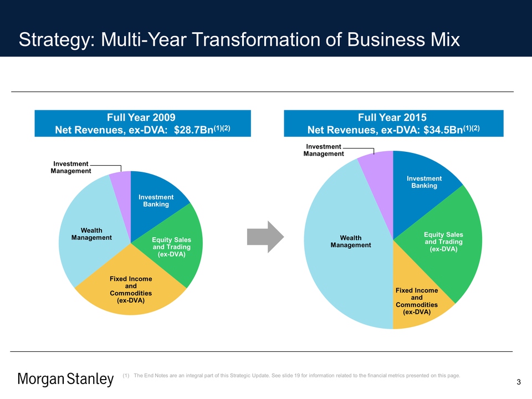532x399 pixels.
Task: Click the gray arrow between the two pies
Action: [265, 237]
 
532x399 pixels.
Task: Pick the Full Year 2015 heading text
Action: [393, 117]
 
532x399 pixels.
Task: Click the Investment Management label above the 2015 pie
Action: [324, 150]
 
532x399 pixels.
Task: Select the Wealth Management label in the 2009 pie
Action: [91, 234]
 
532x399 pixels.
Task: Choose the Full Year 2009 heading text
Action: [141, 117]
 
